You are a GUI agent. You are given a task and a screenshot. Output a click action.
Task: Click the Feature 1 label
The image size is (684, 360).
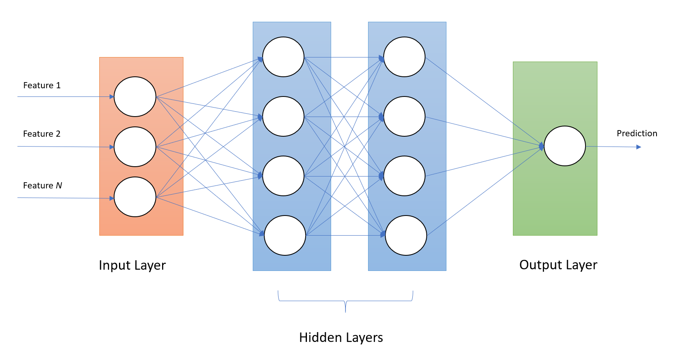(42, 85)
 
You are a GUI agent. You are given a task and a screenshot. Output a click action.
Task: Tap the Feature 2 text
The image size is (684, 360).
(42, 134)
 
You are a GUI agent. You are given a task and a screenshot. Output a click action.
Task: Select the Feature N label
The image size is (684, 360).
(42, 186)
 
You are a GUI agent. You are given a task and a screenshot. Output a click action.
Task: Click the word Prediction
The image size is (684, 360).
(637, 133)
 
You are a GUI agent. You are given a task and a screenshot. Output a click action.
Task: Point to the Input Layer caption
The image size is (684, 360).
(132, 265)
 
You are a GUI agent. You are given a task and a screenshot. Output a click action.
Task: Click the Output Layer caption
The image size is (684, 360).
(558, 265)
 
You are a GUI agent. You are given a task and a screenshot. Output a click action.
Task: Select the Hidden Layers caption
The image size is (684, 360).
(341, 337)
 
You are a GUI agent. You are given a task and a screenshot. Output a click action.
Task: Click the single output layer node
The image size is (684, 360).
(565, 146)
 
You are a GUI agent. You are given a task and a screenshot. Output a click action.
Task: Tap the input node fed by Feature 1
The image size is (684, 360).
(135, 97)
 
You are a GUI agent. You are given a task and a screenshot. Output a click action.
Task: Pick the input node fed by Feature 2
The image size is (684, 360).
(135, 147)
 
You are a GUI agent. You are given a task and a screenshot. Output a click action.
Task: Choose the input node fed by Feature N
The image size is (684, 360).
(135, 197)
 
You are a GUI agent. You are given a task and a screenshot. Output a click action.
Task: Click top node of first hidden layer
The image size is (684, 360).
(283, 57)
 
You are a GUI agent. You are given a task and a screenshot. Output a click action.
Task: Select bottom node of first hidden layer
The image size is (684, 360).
(285, 236)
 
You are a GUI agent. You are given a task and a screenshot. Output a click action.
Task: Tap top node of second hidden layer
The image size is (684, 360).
(404, 57)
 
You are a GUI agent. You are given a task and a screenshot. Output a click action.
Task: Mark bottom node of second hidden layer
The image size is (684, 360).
(406, 236)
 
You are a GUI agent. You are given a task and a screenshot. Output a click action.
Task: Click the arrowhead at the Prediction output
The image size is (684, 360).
(638, 147)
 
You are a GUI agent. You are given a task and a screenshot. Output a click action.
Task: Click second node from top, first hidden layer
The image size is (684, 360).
(283, 117)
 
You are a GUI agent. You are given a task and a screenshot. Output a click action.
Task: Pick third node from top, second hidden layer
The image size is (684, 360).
(404, 176)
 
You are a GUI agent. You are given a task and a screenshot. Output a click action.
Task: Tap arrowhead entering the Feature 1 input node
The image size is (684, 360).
(112, 97)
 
